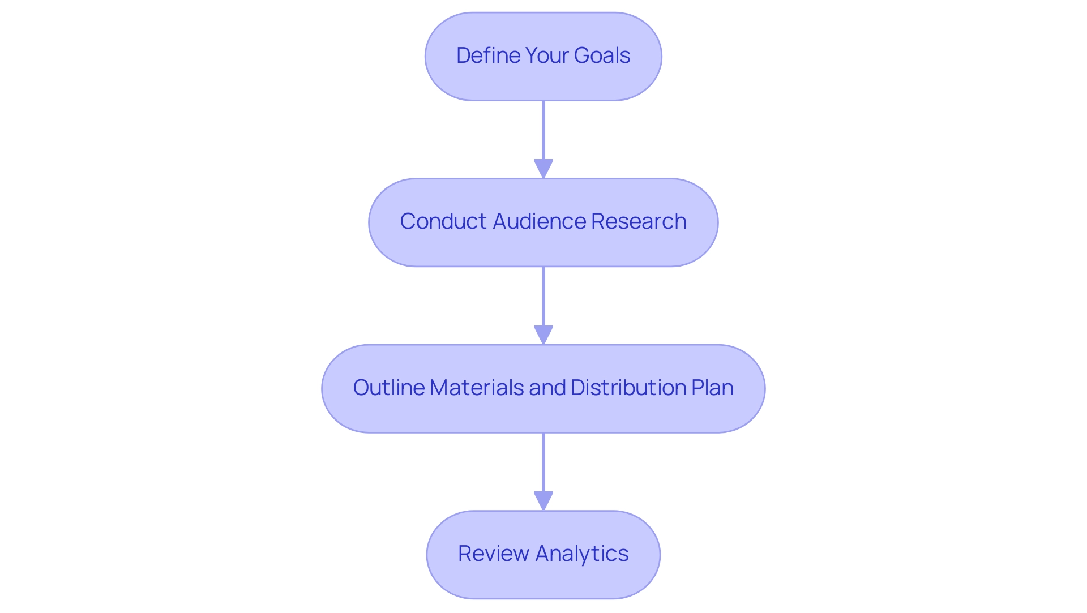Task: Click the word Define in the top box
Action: point(488,55)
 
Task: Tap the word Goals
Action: point(602,55)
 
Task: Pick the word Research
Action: point(639,221)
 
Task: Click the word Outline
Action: point(389,388)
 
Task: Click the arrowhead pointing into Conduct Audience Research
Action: point(543,169)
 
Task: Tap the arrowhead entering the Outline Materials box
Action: point(543,335)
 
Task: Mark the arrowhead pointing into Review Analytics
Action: point(543,501)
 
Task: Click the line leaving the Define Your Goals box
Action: point(543,130)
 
